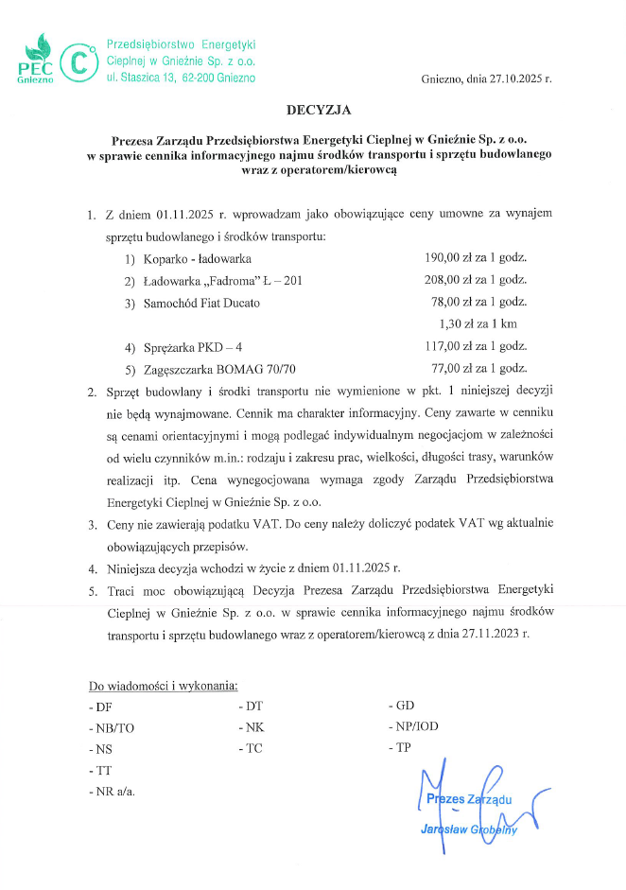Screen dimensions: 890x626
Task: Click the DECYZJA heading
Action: point(312,111)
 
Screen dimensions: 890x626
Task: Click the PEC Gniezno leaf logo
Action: point(37,61)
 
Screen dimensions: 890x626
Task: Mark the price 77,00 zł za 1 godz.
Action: point(478,369)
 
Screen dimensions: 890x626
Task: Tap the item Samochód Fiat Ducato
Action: point(201,303)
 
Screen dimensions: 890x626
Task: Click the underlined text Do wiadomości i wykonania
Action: point(164,685)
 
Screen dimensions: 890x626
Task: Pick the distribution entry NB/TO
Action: point(113,728)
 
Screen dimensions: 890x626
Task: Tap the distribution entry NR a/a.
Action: point(113,791)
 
